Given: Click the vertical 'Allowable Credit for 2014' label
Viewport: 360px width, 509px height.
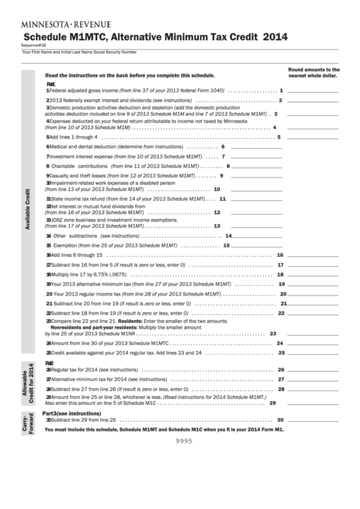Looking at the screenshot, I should click(29, 385).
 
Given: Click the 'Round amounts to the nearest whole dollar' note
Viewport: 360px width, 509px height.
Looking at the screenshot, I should click(314, 73).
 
